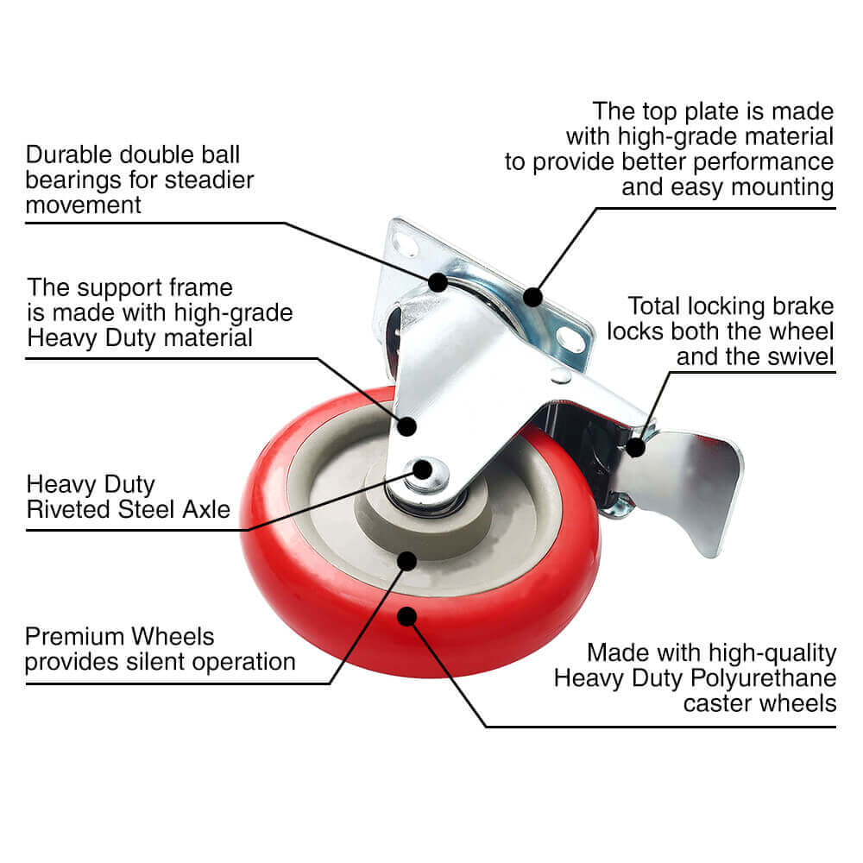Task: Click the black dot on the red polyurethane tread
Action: point(406,616)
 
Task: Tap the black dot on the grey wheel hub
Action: point(406,561)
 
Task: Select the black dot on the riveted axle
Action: point(422,469)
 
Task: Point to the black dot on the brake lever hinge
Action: point(636,447)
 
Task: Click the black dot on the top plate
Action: point(532,297)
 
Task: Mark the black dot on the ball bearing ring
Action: point(438,282)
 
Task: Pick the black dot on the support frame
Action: point(406,426)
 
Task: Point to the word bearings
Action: point(73,180)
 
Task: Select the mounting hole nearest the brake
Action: point(570,339)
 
